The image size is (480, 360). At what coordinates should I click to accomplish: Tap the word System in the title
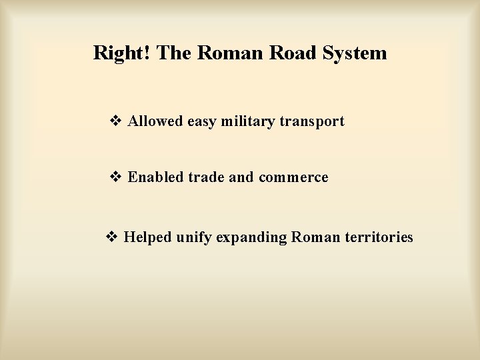tap(353, 53)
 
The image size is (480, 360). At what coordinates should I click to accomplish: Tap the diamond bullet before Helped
tap(112, 237)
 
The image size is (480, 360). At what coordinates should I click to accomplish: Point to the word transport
tap(313, 122)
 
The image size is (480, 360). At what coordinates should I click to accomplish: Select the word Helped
tap(149, 237)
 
